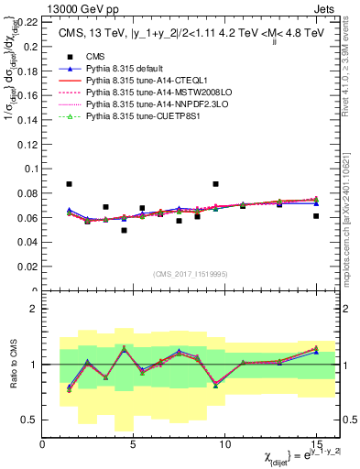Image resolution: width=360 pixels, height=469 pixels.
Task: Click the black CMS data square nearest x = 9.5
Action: pos(215,184)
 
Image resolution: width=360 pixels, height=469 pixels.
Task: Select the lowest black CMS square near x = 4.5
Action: pos(124,230)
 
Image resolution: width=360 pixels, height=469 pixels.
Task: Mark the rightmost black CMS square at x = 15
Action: pos(316,216)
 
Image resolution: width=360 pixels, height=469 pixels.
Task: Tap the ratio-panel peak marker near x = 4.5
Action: pos(124,348)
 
